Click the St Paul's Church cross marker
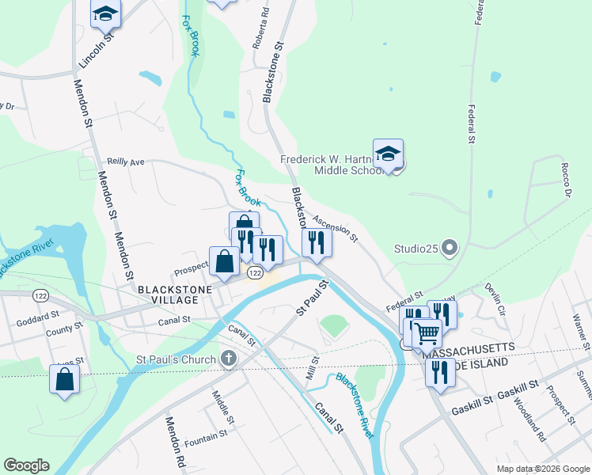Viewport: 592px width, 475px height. pos(229,359)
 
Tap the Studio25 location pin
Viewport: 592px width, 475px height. pos(449,249)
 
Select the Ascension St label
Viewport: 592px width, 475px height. pos(335,229)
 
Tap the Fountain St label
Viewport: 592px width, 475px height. pos(206,433)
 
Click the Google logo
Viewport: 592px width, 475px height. pos(26,465)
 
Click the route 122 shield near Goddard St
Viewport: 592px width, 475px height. pos(40,295)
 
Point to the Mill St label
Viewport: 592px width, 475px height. pos(313,369)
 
